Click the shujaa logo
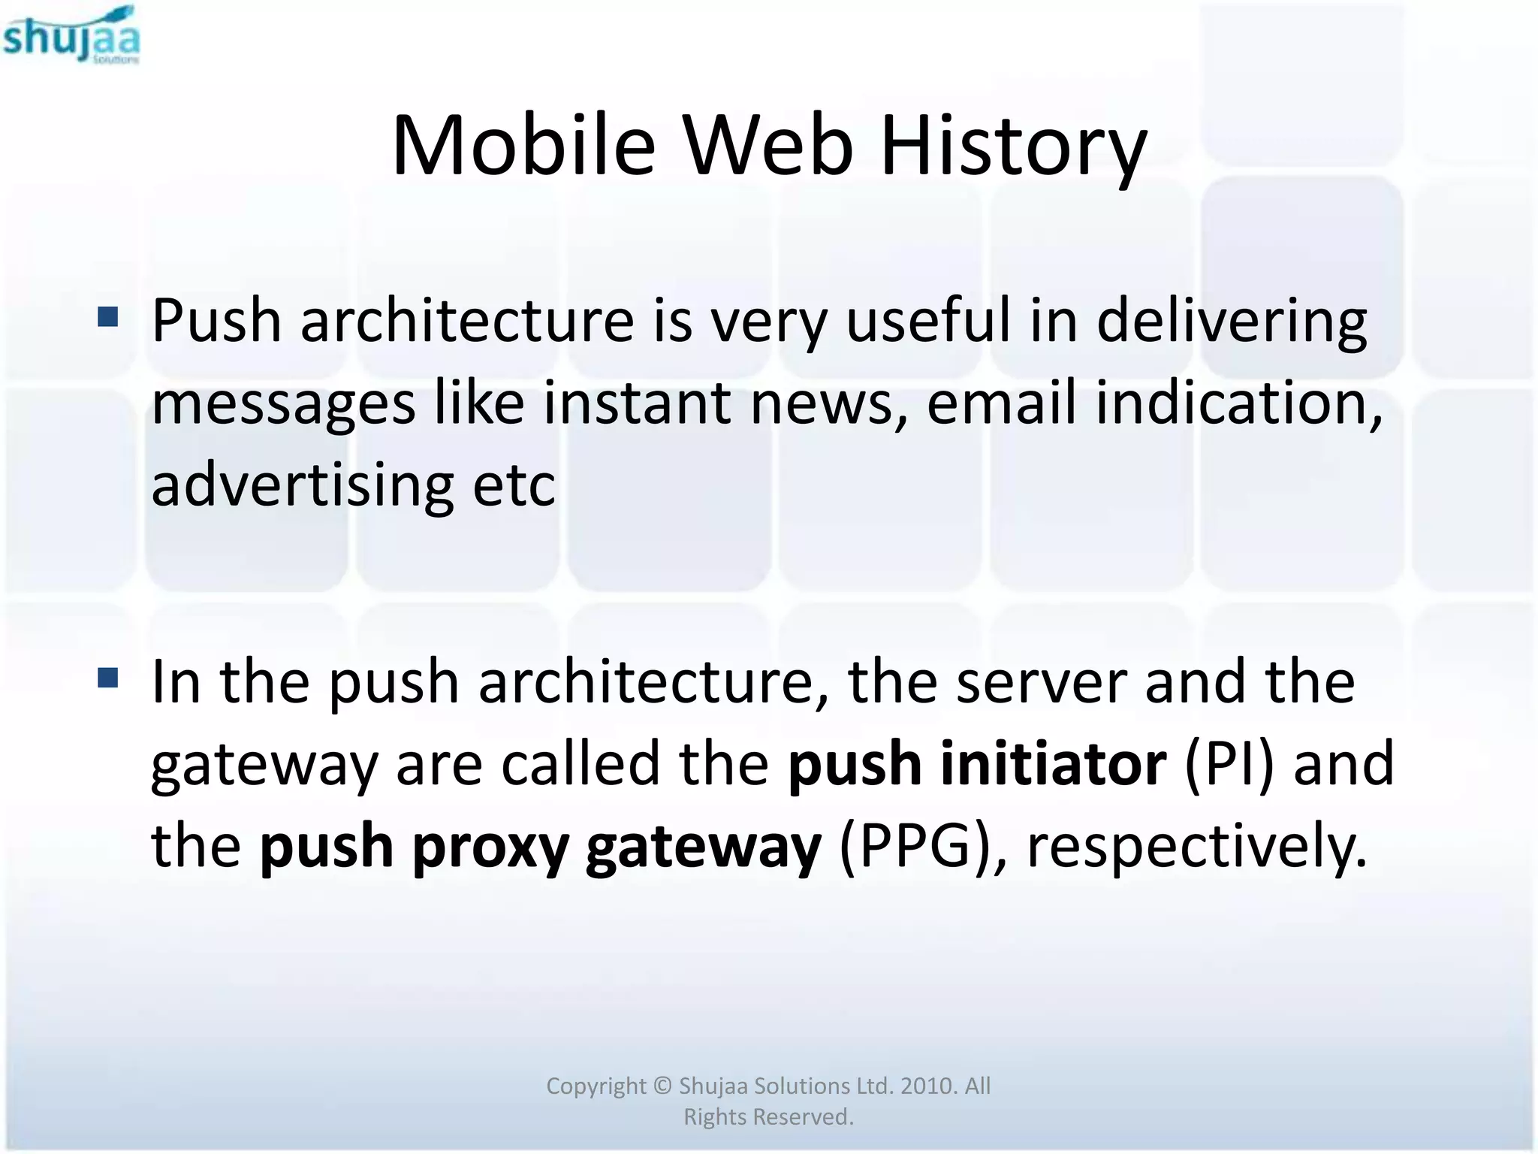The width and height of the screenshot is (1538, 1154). click(x=71, y=35)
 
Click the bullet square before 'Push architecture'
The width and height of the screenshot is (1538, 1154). click(x=108, y=317)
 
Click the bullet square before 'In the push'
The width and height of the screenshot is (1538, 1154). click(x=108, y=678)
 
